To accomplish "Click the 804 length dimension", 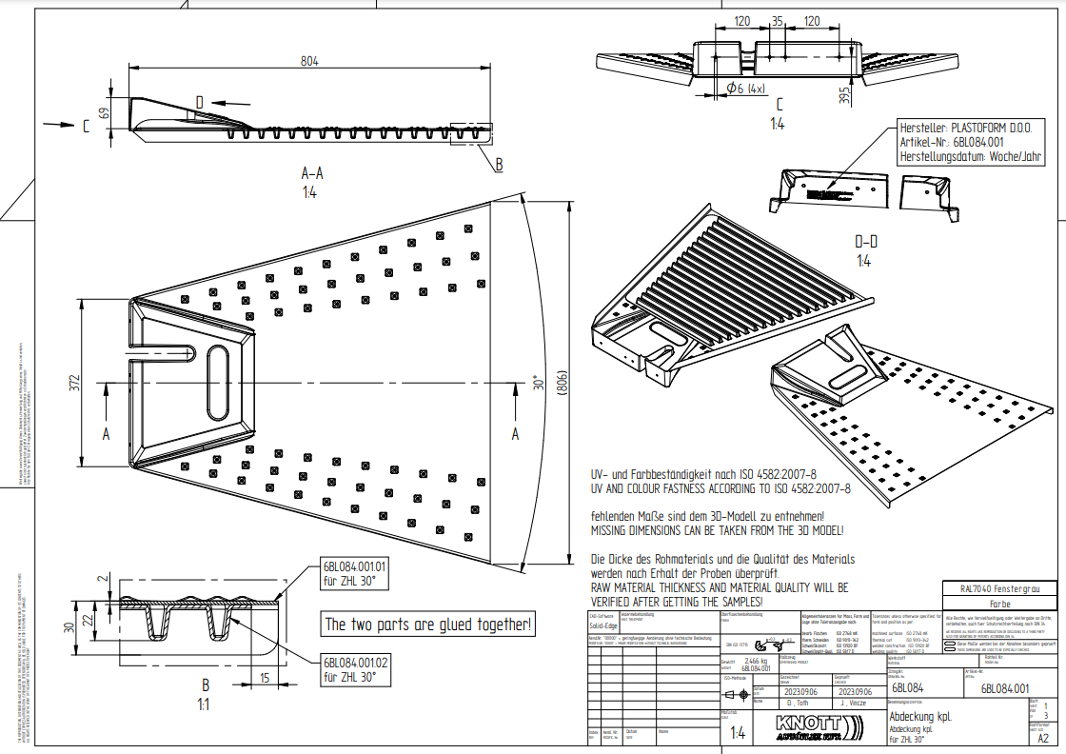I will pyautogui.click(x=309, y=61).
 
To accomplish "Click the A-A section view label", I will pyautogui.click(x=311, y=173).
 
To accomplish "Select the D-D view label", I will pyautogui.click(x=863, y=243).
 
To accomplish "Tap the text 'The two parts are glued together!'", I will pyautogui.click(x=428, y=625).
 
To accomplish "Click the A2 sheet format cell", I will pyautogui.click(x=1043, y=737).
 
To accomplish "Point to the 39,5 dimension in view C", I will pyautogui.click(x=844, y=94).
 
